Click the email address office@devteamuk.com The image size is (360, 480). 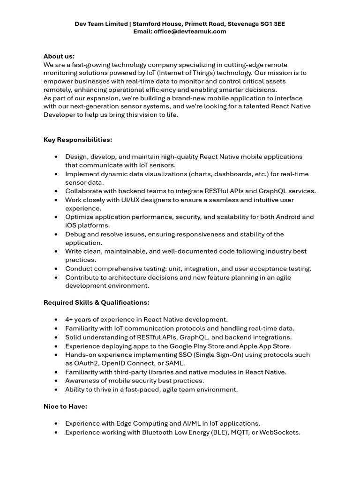pyautogui.click(x=190, y=31)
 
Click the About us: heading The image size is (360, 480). pyautogui.click(x=59, y=56)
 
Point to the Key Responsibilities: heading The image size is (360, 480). pyautogui.click(x=78, y=140)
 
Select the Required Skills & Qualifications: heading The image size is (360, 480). pyautogui.click(x=97, y=302)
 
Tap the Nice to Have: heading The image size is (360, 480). pyautogui.click(x=65, y=406)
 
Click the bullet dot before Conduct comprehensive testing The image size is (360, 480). pyautogui.click(x=56, y=269)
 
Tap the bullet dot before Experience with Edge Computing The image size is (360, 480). pyautogui.click(x=56, y=424)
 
